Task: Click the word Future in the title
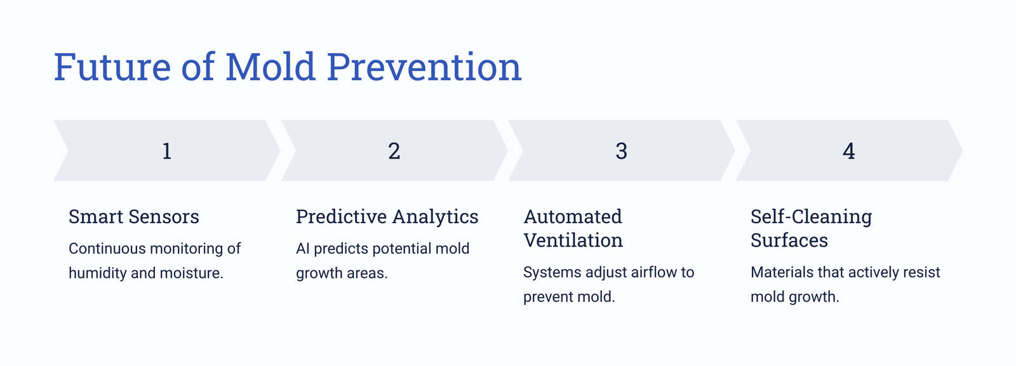point(112,67)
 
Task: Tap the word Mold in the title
point(271,67)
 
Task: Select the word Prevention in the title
point(424,67)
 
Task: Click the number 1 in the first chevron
point(167,151)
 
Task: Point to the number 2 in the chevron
point(394,151)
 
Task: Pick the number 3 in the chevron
point(622,151)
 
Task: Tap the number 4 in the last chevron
point(848,151)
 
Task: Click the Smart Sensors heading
point(134,216)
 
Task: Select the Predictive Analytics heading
point(387,217)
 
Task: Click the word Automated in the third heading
point(573,216)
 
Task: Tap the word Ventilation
point(573,240)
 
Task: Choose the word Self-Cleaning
point(812,217)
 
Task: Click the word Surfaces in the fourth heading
point(789,240)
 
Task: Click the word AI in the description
point(302,249)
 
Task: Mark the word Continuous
point(107,249)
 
